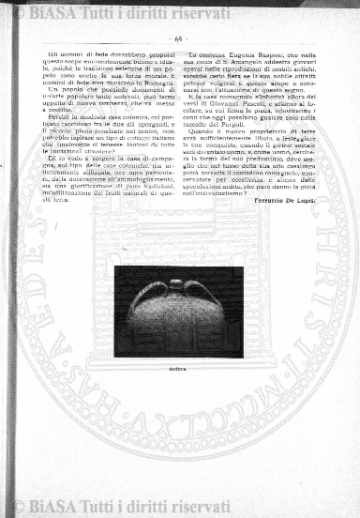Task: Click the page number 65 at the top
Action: [178, 39]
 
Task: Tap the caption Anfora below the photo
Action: [177, 343]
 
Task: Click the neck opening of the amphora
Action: [178, 282]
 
